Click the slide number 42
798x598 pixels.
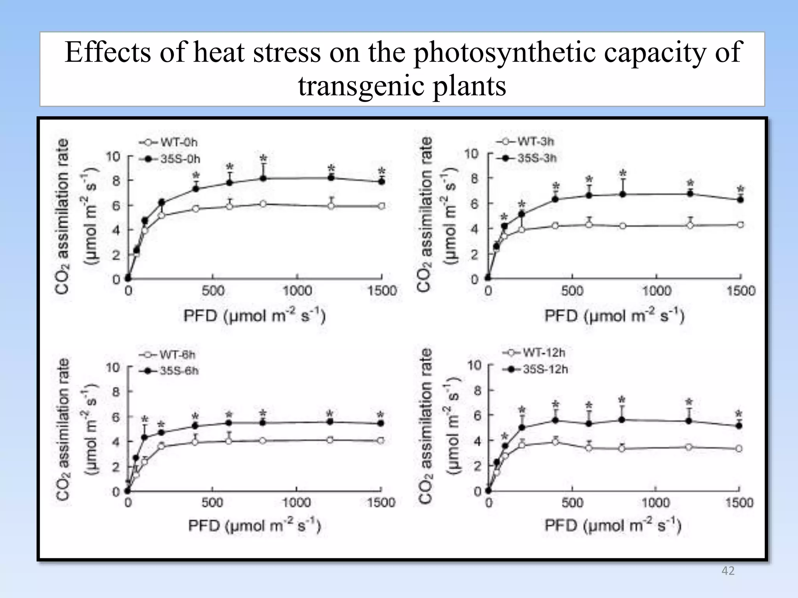[x=728, y=571]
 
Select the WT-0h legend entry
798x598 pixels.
[x=168, y=142]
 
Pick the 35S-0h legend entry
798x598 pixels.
[x=170, y=159]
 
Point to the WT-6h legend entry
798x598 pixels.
[x=168, y=355]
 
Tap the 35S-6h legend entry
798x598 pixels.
[x=169, y=371]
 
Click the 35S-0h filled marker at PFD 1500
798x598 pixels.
[x=382, y=181]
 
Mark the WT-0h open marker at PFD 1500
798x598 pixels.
[x=382, y=206]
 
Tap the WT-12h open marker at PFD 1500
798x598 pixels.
[x=738, y=448]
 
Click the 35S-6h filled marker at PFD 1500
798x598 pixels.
[x=381, y=423]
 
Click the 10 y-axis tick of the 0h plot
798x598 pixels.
[x=113, y=157]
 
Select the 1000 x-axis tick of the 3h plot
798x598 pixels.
[x=657, y=291]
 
